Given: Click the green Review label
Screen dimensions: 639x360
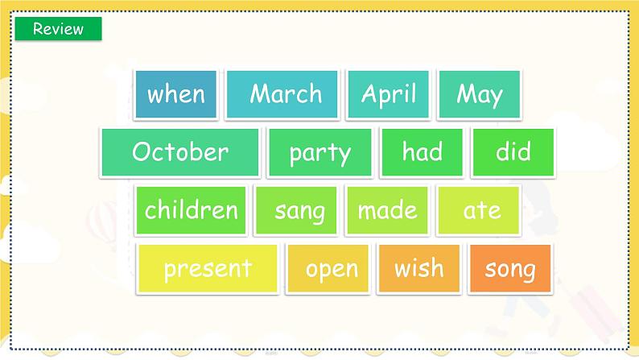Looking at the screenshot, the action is [x=58, y=28].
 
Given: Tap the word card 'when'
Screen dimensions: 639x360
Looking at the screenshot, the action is [x=175, y=94].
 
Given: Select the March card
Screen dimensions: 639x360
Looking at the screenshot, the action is [x=282, y=94].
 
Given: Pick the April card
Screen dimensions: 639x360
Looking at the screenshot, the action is [x=389, y=94].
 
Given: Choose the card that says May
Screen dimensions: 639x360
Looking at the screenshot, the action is [x=480, y=94].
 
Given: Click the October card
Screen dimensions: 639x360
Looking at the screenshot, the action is [x=180, y=152].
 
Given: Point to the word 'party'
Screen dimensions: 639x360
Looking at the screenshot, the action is [x=320, y=153].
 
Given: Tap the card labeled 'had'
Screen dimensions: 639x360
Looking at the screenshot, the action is [x=423, y=152].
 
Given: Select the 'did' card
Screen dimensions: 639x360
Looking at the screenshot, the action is [x=513, y=152].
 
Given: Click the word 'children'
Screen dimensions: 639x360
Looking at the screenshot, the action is [x=191, y=209].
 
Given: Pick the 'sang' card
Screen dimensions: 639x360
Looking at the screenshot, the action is [x=296, y=210].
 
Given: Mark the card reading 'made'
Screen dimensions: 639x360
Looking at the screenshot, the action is [x=388, y=210].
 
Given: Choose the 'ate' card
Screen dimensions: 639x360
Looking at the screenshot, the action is [x=479, y=210].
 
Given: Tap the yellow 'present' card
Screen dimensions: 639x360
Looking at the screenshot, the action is [x=208, y=269].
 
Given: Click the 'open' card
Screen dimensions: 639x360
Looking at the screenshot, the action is [x=328, y=269].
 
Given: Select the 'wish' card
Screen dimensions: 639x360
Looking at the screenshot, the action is [x=419, y=269].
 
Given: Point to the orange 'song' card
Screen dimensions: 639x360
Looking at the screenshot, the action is [x=510, y=269].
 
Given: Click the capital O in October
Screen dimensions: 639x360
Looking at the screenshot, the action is [x=142, y=151].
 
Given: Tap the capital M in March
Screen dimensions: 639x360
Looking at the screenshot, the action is [x=261, y=93].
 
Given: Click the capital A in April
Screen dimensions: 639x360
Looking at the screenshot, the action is [x=370, y=93].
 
